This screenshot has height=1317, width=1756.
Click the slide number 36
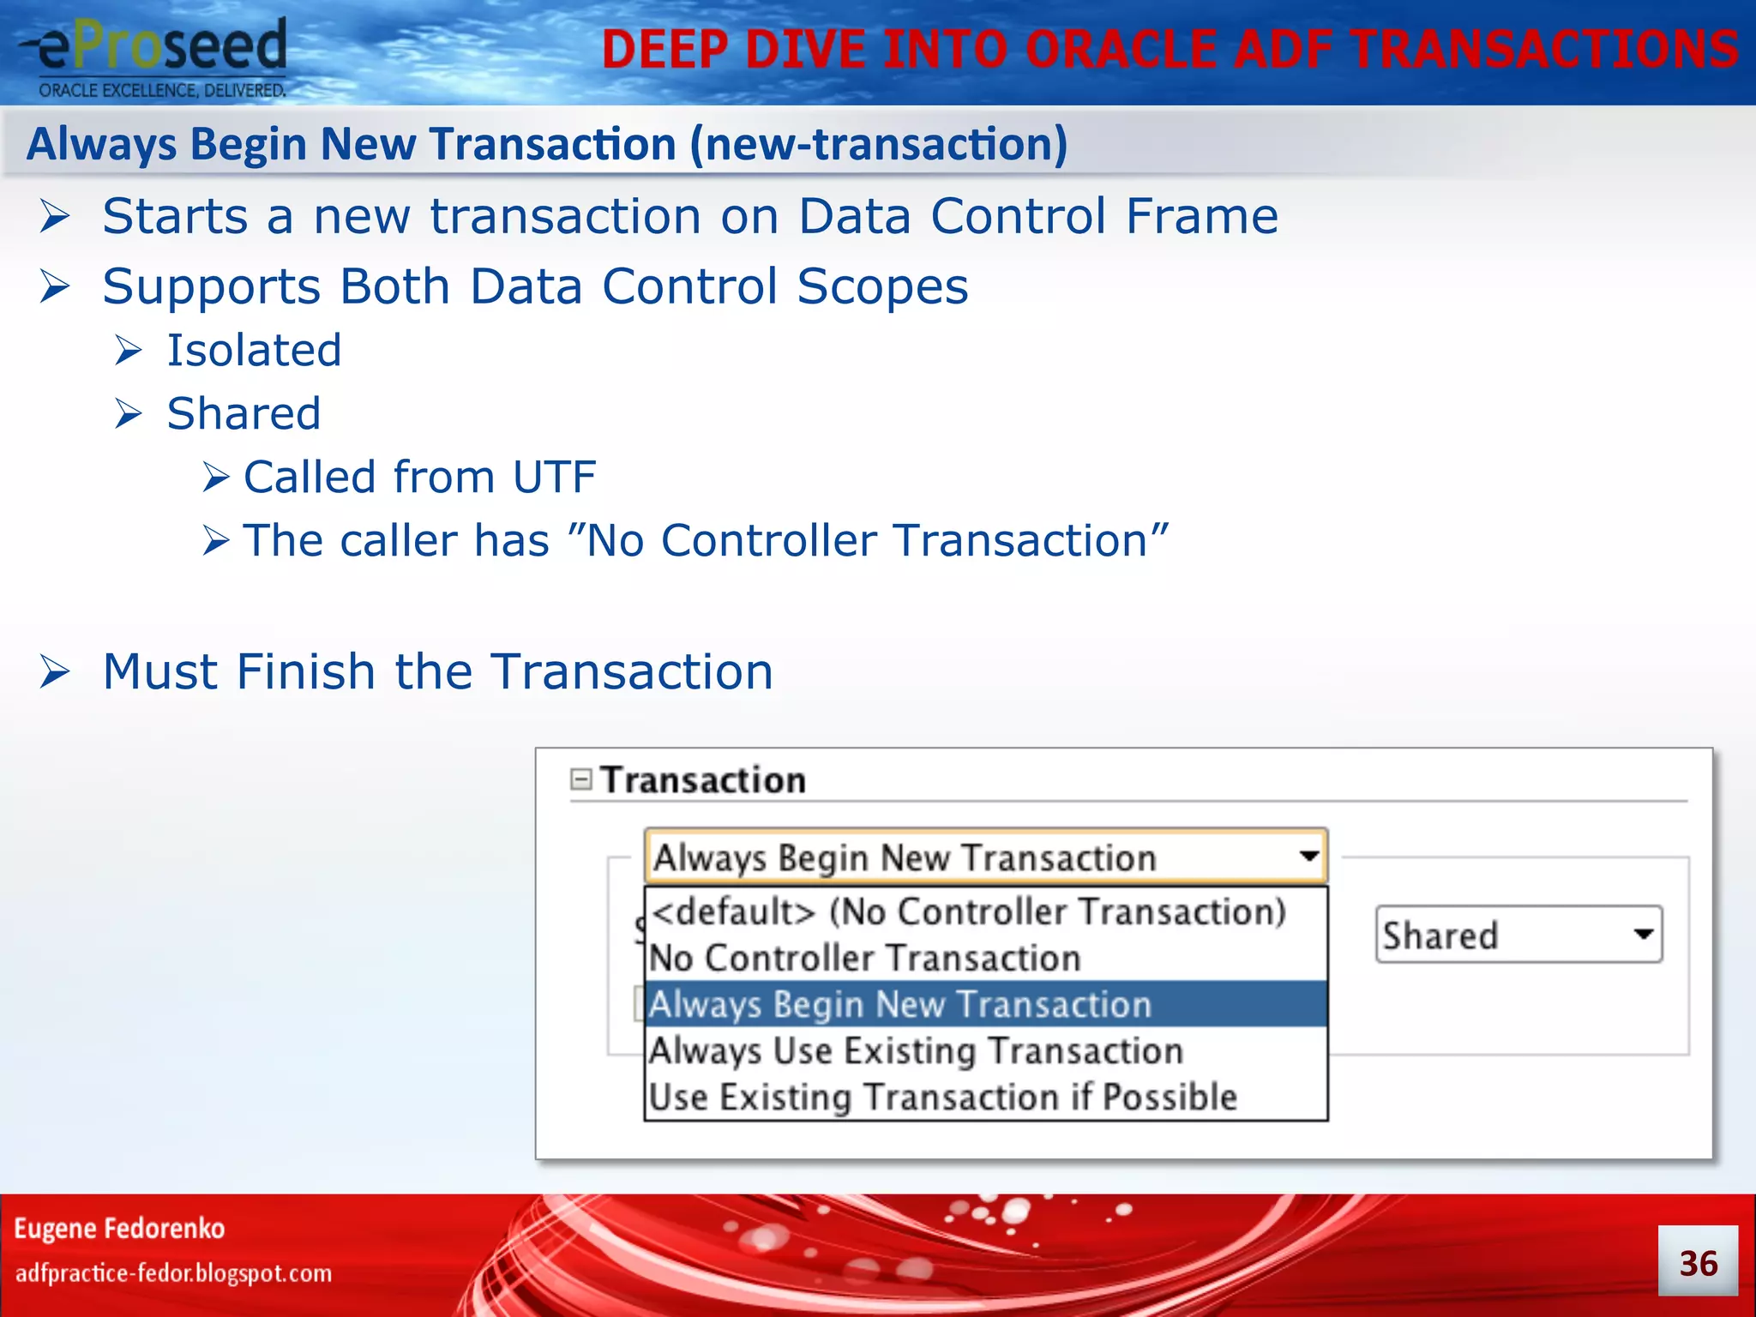pyautogui.click(x=1697, y=1263)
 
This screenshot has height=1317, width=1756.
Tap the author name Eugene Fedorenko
pyautogui.click(x=119, y=1228)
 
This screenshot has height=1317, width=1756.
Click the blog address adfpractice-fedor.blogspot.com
pyautogui.click(x=173, y=1272)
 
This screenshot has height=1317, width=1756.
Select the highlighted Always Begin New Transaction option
pyautogui.click(x=900, y=1004)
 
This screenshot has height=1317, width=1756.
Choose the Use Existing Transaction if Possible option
pyautogui.click(x=943, y=1097)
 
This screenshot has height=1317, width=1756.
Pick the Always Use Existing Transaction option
pyautogui.click(x=916, y=1051)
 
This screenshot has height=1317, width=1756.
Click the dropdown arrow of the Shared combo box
pyautogui.click(x=1643, y=934)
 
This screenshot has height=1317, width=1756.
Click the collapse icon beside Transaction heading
pyautogui.click(x=581, y=779)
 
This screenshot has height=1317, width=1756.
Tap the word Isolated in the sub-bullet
pyautogui.click(x=254, y=350)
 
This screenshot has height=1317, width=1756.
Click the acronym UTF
pyautogui.click(x=554, y=477)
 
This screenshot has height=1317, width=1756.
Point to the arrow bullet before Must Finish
pyautogui.click(x=55, y=671)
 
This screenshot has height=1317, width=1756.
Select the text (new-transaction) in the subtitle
pyautogui.click(x=879, y=143)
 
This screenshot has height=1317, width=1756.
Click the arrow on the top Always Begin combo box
pyautogui.click(x=1308, y=856)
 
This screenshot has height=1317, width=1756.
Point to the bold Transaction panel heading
pyautogui.click(x=702, y=779)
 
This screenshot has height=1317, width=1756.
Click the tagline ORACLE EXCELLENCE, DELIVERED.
pyautogui.click(x=162, y=90)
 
